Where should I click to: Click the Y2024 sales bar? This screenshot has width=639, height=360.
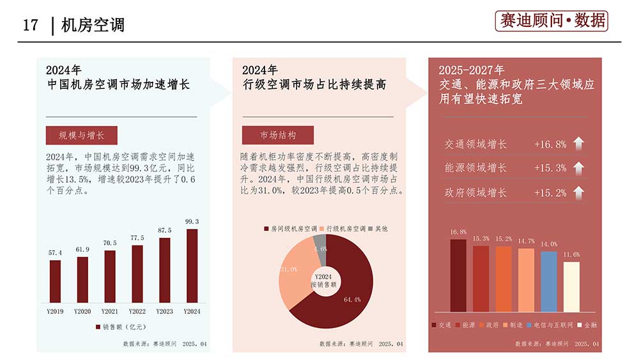coord(192,265)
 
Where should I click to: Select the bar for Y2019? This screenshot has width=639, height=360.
coord(56,281)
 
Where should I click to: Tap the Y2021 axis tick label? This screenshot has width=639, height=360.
coord(110,311)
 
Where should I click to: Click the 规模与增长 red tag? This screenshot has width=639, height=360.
coord(81,136)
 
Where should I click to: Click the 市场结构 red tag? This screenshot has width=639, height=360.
coord(278,136)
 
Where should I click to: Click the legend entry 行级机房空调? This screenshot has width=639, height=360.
coord(345,228)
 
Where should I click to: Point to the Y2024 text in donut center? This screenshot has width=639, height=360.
coord(326,276)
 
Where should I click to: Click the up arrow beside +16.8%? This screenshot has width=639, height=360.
coord(578,144)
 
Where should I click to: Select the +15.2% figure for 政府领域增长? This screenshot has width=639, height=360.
coord(550,192)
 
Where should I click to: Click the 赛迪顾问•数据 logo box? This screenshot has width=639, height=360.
coord(551,21)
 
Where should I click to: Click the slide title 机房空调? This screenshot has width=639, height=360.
coord(93,25)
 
